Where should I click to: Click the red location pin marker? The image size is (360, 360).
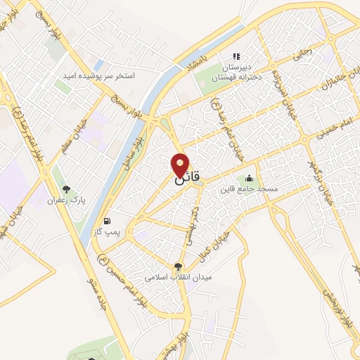coord(181,165)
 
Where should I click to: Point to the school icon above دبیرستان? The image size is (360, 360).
coord(237,56)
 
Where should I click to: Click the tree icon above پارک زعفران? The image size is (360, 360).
coord(67,188)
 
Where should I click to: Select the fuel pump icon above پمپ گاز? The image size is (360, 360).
coord(108,219)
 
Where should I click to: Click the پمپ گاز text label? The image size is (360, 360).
coord(108,231)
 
